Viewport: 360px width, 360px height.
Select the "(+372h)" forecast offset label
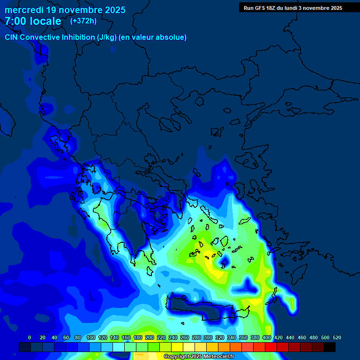[x=83, y=21]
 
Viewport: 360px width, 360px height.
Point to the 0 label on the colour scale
[x=30, y=337]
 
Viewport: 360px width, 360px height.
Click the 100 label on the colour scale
[x=91, y=337]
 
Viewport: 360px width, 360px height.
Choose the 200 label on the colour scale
[x=150, y=337]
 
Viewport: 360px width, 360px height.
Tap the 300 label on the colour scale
[x=208, y=337]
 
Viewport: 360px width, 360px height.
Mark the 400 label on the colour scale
[x=266, y=337]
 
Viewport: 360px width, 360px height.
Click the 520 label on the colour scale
[x=337, y=337]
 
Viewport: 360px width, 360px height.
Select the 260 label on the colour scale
[x=184, y=337]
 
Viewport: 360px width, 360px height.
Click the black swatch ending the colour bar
[x=330, y=347]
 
